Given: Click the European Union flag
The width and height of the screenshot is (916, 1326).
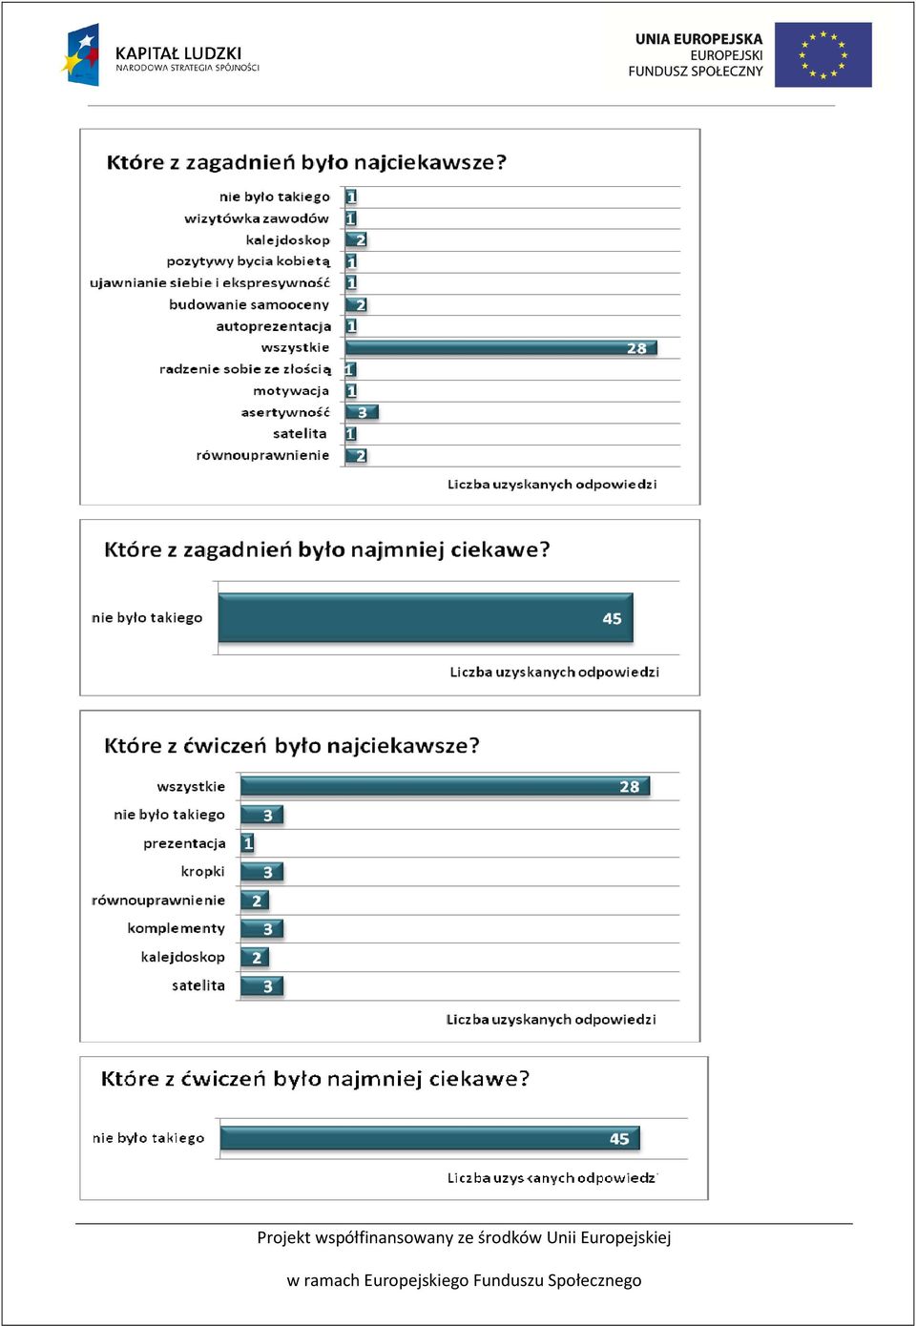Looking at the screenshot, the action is (822, 54).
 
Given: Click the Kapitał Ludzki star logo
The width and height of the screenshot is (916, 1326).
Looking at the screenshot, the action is (80, 54).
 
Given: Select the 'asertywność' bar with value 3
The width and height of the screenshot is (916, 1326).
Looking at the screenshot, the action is (362, 412).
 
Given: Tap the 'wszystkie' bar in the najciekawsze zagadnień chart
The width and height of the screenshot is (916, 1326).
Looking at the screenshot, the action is (501, 347).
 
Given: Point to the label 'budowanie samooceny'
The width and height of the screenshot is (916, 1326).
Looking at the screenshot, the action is (249, 304).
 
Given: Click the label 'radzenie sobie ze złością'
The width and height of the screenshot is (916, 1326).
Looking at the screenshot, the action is (245, 369).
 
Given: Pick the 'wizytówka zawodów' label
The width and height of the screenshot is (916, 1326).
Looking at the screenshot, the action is (257, 218).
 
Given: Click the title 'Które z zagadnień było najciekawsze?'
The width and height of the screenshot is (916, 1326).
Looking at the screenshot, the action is (306, 162).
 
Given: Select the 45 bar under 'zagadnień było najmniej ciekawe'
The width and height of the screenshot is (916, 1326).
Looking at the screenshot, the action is (426, 617).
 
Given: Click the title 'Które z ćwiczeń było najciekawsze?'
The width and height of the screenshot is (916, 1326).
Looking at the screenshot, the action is (291, 745).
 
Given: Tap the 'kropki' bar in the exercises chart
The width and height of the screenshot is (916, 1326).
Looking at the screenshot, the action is (261, 871).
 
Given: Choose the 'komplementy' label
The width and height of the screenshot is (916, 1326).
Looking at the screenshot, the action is (177, 928).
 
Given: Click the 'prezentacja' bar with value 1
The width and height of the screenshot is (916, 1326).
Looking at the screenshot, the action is (247, 843).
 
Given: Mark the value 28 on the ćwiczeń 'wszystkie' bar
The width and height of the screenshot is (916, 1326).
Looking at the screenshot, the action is (630, 787).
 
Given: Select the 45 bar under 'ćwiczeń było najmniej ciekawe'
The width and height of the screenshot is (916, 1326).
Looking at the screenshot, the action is (429, 1138).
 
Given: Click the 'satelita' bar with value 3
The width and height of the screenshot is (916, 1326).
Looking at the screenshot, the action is (261, 985).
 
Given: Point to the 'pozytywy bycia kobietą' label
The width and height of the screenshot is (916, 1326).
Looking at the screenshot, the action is (249, 261).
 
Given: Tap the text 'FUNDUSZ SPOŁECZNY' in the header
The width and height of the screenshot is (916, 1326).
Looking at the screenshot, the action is (696, 72).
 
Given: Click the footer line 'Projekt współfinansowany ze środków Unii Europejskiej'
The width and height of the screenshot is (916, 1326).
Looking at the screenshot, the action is (464, 1238).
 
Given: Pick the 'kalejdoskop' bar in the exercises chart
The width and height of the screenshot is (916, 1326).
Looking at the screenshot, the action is (255, 957).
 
